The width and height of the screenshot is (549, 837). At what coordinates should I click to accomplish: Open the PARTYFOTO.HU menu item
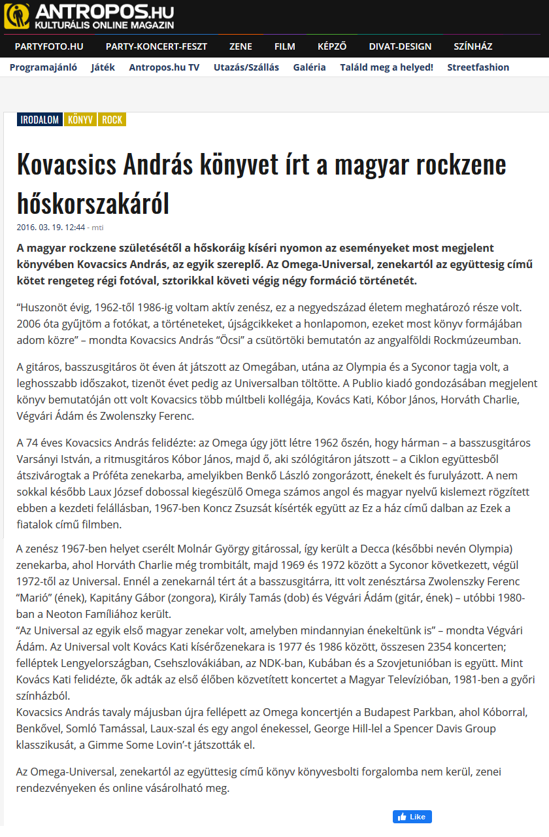point(49,46)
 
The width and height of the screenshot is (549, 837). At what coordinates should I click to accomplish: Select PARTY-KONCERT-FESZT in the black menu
point(156,46)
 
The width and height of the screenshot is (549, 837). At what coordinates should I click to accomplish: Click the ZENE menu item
point(241,46)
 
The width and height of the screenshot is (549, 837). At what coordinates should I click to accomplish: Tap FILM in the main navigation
point(285,46)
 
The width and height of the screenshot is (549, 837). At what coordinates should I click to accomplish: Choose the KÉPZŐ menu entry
point(332,46)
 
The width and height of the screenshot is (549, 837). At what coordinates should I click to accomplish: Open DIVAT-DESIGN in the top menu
point(400,46)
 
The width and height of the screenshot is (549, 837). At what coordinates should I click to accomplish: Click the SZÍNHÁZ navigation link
point(473,46)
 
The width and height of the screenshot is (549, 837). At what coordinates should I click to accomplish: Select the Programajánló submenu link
point(44,67)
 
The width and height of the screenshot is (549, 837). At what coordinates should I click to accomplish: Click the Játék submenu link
point(103,67)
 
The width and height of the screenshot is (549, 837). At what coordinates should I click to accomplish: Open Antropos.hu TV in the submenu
point(164,67)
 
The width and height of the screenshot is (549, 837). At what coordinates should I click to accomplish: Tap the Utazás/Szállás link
point(246,67)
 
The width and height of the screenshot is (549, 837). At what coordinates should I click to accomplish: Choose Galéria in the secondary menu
point(309,67)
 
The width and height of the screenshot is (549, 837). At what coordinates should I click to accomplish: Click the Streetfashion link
point(478,67)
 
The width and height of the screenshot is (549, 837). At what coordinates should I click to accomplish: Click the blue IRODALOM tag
point(40,120)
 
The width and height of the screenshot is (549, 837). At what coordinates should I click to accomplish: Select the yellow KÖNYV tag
point(80,120)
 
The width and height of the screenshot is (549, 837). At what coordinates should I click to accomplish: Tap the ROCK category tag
point(112,120)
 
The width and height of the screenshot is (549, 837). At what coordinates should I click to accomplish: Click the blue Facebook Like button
point(412,817)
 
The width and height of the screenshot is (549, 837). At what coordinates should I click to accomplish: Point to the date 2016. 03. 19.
point(42,228)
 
